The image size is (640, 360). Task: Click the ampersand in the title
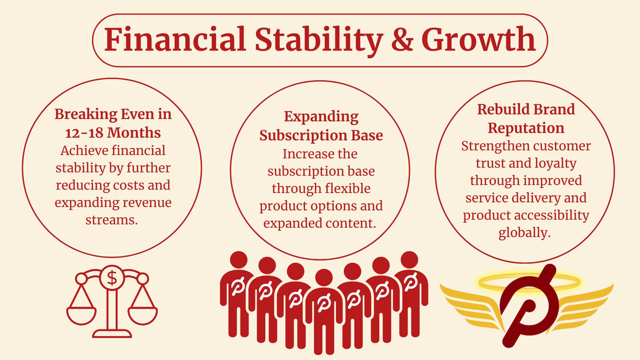tap(402, 39)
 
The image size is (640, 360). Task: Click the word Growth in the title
tap(479, 39)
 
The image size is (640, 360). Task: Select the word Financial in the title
tap(175, 39)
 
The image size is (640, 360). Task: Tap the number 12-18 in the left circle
tap(84, 133)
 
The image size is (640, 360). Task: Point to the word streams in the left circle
tap(112, 220)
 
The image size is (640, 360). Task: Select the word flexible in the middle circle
tap(347, 188)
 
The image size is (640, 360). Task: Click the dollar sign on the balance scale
tap(112, 278)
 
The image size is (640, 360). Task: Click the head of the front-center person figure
tap(324, 277)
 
